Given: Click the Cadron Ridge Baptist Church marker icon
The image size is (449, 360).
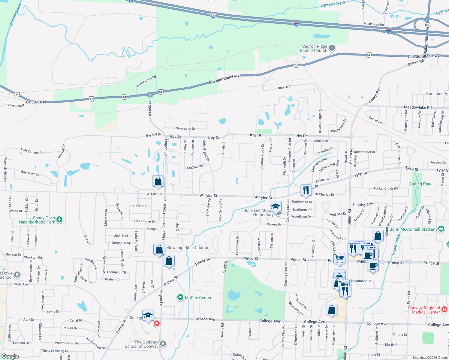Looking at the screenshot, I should (x=332, y=48).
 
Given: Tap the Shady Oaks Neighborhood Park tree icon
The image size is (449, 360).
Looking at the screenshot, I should (x=59, y=220).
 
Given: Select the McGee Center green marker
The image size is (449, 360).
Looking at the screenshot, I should (x=180, y=297).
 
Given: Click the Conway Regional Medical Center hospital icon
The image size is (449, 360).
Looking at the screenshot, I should (x=444, y=309).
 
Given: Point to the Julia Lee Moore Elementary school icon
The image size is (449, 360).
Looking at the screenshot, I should (x=276, y=207).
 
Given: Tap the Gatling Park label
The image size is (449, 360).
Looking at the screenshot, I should (x=420, y=184).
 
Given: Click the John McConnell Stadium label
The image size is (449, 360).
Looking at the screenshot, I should (x=413, y=229).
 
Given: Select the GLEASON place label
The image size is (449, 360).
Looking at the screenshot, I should (x=36, y=102).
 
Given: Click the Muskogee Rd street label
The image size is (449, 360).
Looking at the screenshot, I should (x=373, y=24).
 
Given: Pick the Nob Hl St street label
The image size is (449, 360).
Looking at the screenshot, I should (x=285, y=87).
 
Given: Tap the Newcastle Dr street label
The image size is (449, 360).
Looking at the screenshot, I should (x=185, y=128).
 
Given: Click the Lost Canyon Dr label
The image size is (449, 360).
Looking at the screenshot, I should (x=32, y=151).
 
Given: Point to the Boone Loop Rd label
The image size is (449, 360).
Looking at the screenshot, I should (x=146, y=81).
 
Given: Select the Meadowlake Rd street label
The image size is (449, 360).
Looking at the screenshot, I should (x=417, y=107).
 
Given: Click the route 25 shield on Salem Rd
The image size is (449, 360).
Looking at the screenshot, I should (x=428, y=25).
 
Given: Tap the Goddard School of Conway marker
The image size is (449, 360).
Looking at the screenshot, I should (x=163, y=343).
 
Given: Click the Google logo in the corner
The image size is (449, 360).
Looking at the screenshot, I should (x=10, y=356).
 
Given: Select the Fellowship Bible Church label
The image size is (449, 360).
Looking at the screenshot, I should (x=186, y=247).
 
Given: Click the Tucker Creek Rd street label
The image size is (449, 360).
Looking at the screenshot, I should (x=385, y=188).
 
